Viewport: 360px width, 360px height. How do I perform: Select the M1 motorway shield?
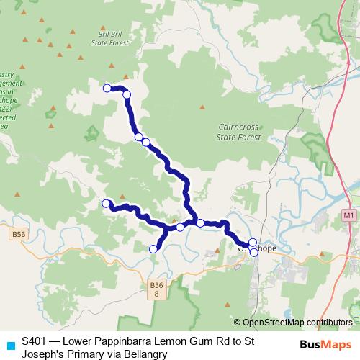tap(349, 215)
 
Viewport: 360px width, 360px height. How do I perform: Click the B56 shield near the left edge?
tap(19, 234)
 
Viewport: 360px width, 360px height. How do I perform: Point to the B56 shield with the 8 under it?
tap(157, 290)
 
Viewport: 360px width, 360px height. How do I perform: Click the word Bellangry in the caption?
tap(145, 354)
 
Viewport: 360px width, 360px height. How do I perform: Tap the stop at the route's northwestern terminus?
tap(107, 89)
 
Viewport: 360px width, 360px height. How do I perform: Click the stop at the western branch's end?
tap(107, 204)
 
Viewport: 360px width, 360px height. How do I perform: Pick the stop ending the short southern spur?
tap(153, 249)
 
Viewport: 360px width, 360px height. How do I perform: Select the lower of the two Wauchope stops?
tap(253, 252)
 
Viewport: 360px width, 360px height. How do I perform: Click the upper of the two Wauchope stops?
tap(253, 243)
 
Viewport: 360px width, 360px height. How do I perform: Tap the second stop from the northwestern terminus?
tap(127, 94)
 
